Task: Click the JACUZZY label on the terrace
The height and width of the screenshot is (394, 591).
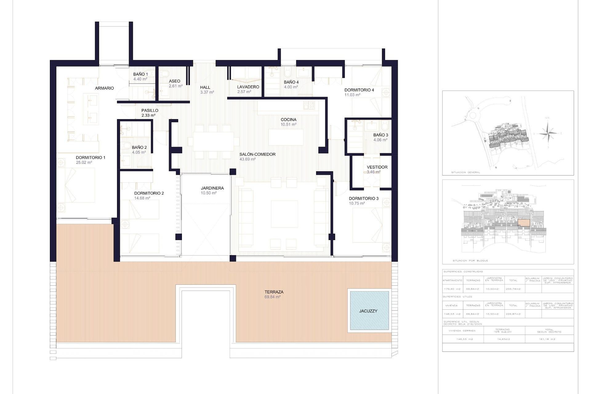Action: [x=368, y=311]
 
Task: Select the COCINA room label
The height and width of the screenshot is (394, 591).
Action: [x=288, y=120]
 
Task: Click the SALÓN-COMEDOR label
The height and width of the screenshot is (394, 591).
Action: [x=257, y=155]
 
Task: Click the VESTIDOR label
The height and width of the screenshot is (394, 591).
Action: [x=377, y=167]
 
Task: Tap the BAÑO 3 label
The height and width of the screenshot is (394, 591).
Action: [x=380, y=135]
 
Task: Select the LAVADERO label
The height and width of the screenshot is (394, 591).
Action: [x=248, y=87]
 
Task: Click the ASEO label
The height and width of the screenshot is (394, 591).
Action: [x=175, y=81]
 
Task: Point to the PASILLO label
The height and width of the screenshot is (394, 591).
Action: [x=150, y=111]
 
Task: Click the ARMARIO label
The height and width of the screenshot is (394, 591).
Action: [x=104, y=88]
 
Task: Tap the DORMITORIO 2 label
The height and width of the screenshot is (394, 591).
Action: [x=149, y=193]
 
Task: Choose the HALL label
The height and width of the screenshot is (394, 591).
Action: [x=205, y=87]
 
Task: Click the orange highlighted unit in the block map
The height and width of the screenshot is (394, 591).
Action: [x=524, y=223]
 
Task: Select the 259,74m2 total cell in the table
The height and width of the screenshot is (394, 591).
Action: [x=513, y=289]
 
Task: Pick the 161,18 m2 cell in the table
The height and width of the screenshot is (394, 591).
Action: [x=549, y=339]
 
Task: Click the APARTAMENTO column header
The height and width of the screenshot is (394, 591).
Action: [x=452, y=280]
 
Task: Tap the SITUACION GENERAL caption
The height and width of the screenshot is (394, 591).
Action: [x=465, y=172]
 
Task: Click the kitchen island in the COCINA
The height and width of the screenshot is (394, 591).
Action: [x=286, y=137]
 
